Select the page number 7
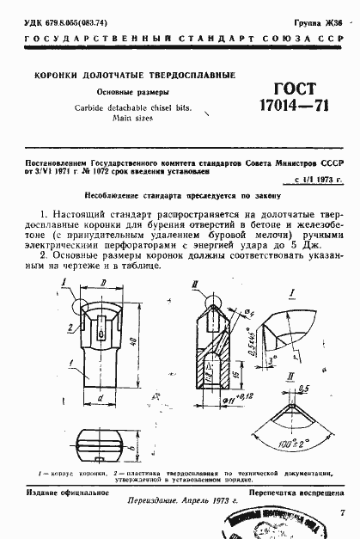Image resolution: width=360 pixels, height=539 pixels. [x=343, y=513]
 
